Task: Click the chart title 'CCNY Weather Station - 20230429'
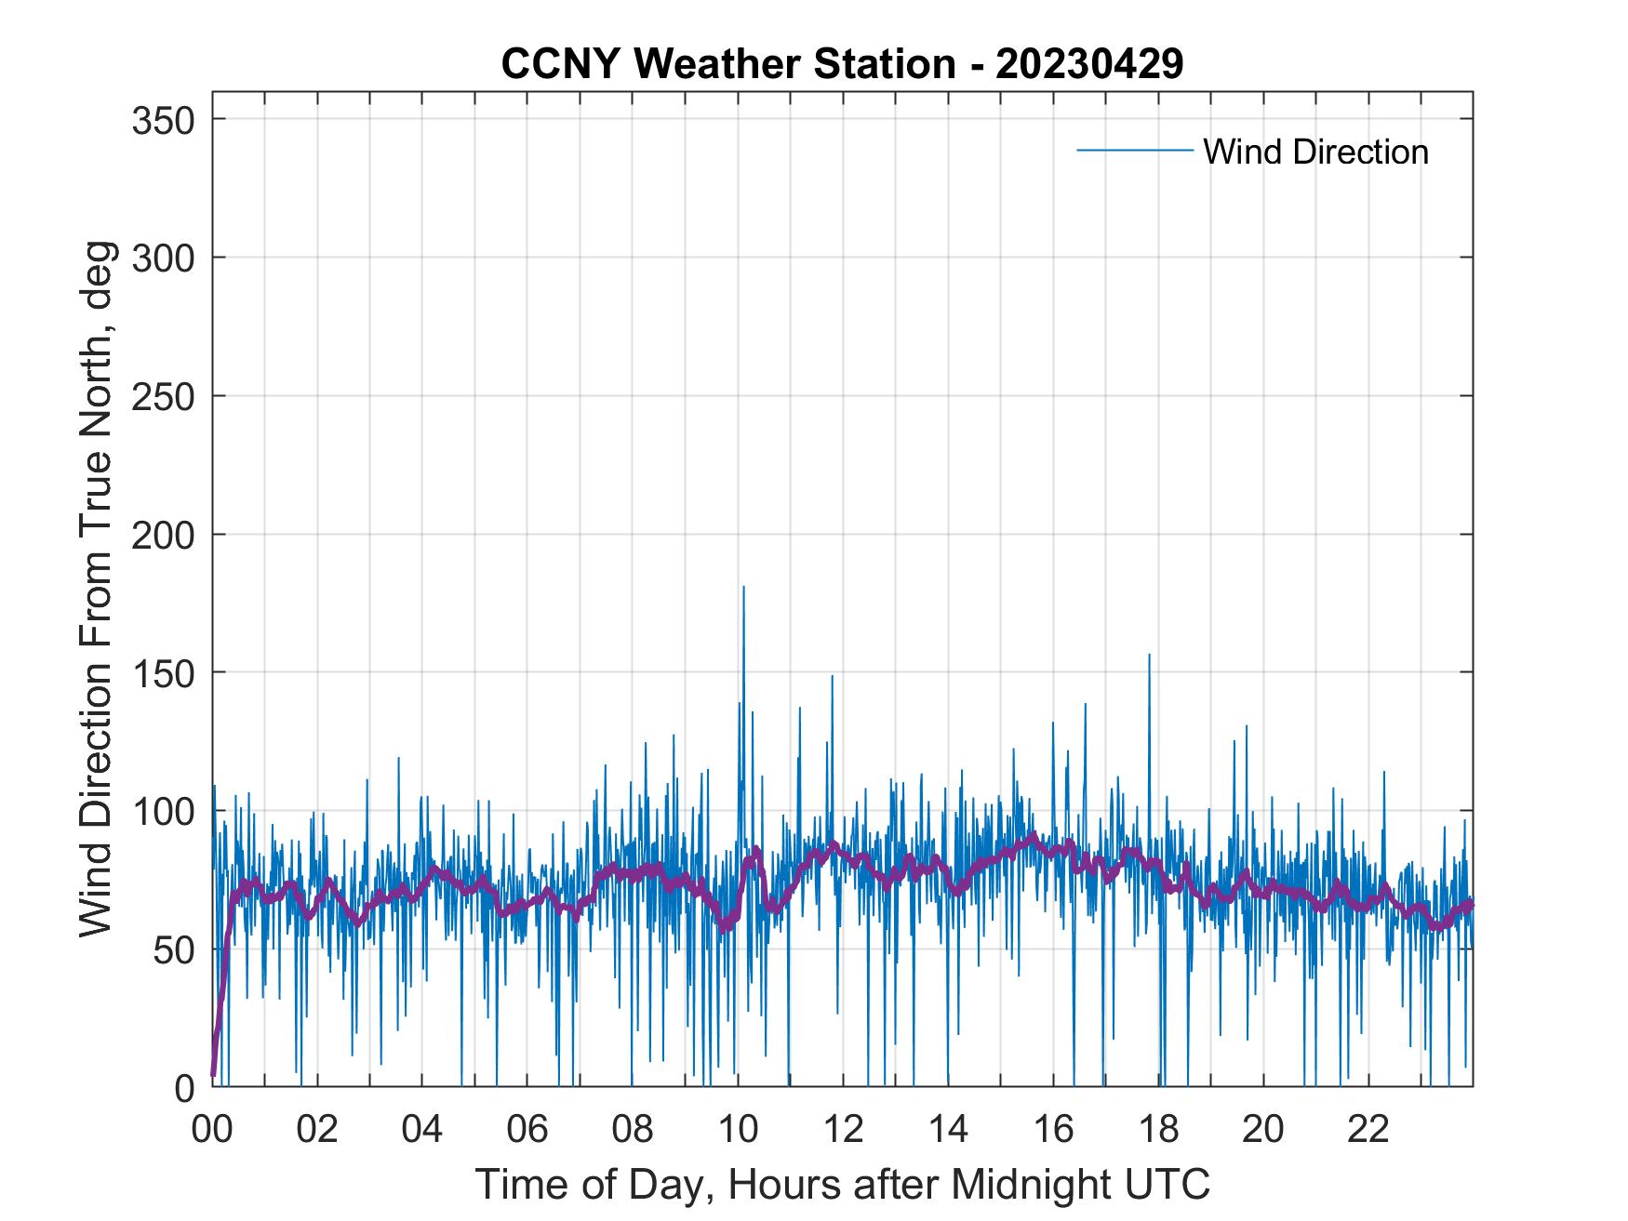(x=842, y=64)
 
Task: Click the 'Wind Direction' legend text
(x=1315, y=152)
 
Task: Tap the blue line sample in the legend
(x=1134, y=151)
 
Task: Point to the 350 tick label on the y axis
(x=162, y=120)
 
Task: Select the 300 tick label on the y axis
(x=162, y=258)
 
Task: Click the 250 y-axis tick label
(x=162, y=396)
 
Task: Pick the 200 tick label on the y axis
(x=162, y=535)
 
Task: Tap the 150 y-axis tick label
(x=162, y=672)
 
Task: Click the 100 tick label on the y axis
(x=162, y=811)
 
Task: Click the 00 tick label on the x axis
(x=212, y=1130)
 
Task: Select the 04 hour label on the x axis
(x=422, y=1130)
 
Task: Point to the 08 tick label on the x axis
(x=633, y=1130)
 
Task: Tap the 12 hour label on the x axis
(x=843, y=1130)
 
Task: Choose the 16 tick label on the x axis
(x=1053, y=1130)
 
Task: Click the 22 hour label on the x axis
(x=1368, y=1130)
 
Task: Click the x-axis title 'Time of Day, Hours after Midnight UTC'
(x=843, y=1184)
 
